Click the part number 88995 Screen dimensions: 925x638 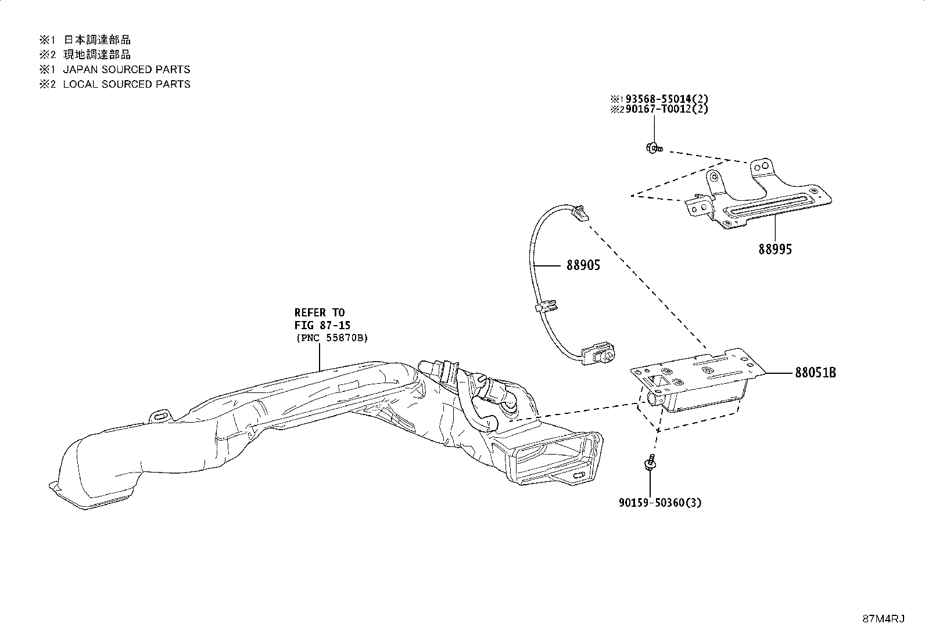click(x=775, y=249)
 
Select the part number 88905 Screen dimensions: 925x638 click(x=583, y=265)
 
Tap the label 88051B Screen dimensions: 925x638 click(x=816, y=373)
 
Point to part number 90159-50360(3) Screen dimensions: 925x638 click(x=660, y=503)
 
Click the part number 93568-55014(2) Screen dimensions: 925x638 click(x=666, y=99)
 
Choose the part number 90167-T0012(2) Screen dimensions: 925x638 click(x=666, y=109)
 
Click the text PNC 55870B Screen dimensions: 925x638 click(x=332, y=338)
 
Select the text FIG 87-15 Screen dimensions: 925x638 click(x=322, y=325)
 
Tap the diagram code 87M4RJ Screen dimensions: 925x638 click(x=883, y=619)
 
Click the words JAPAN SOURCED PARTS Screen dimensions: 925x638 click(x=126, y=69)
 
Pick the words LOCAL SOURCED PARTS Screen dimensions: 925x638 click(x=126, y=84)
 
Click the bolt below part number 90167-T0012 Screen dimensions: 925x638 click(x=654, y=147)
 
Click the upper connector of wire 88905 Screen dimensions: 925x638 click(x=580, y=212)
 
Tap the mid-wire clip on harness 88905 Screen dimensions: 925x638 click(x=546, y=307)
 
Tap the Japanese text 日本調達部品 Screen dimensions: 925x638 click(x=97, y=39)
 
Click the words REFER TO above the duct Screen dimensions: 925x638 click(x=320, y=312)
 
